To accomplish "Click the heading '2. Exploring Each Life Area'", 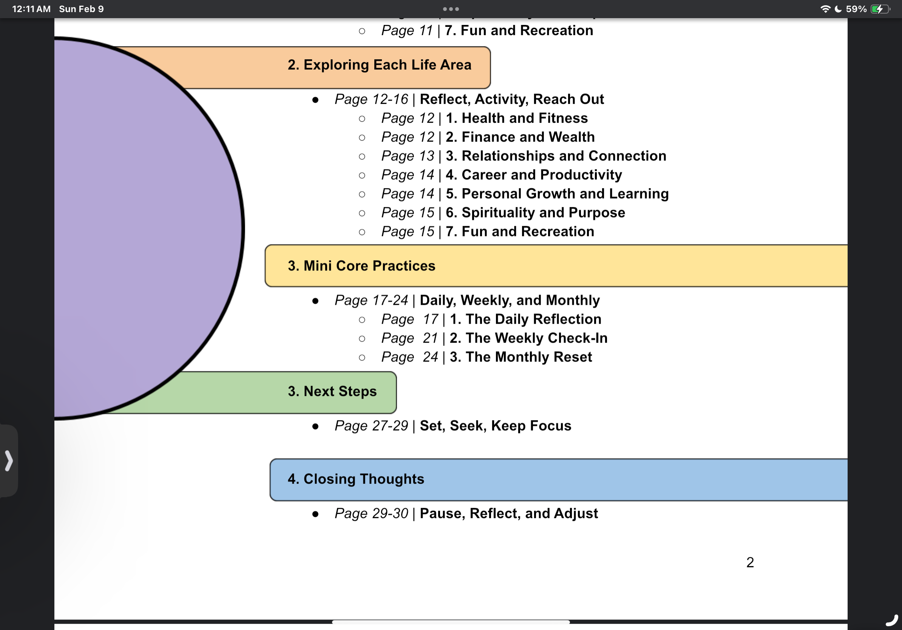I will [x=379, y=65].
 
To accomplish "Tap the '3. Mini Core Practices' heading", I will [x=361, y=266].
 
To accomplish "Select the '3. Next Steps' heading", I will [x=332, y=391].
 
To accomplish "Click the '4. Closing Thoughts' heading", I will [x=356, y=479].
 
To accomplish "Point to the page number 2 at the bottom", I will [x=750, y=562].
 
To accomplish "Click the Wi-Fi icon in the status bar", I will [x=825, y=9].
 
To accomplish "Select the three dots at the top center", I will [x=451, y=9].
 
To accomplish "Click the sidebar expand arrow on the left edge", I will [x=9, y=460].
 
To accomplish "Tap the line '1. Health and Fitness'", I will [x=517, y=118].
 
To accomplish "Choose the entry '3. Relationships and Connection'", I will [x=556, y=156].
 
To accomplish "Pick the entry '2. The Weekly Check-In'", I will [x=528, y=338].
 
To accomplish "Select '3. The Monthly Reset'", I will [x=521, y=357].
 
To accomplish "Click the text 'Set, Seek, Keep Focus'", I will [x=496, y=426].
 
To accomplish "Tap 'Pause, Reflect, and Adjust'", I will [x=509, y=513].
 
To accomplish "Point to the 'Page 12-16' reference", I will [x=371, y=99].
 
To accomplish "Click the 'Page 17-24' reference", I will [x=371, y=301].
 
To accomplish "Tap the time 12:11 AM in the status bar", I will [x=31, y=9].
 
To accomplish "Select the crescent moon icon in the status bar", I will [x=838, y=9].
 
